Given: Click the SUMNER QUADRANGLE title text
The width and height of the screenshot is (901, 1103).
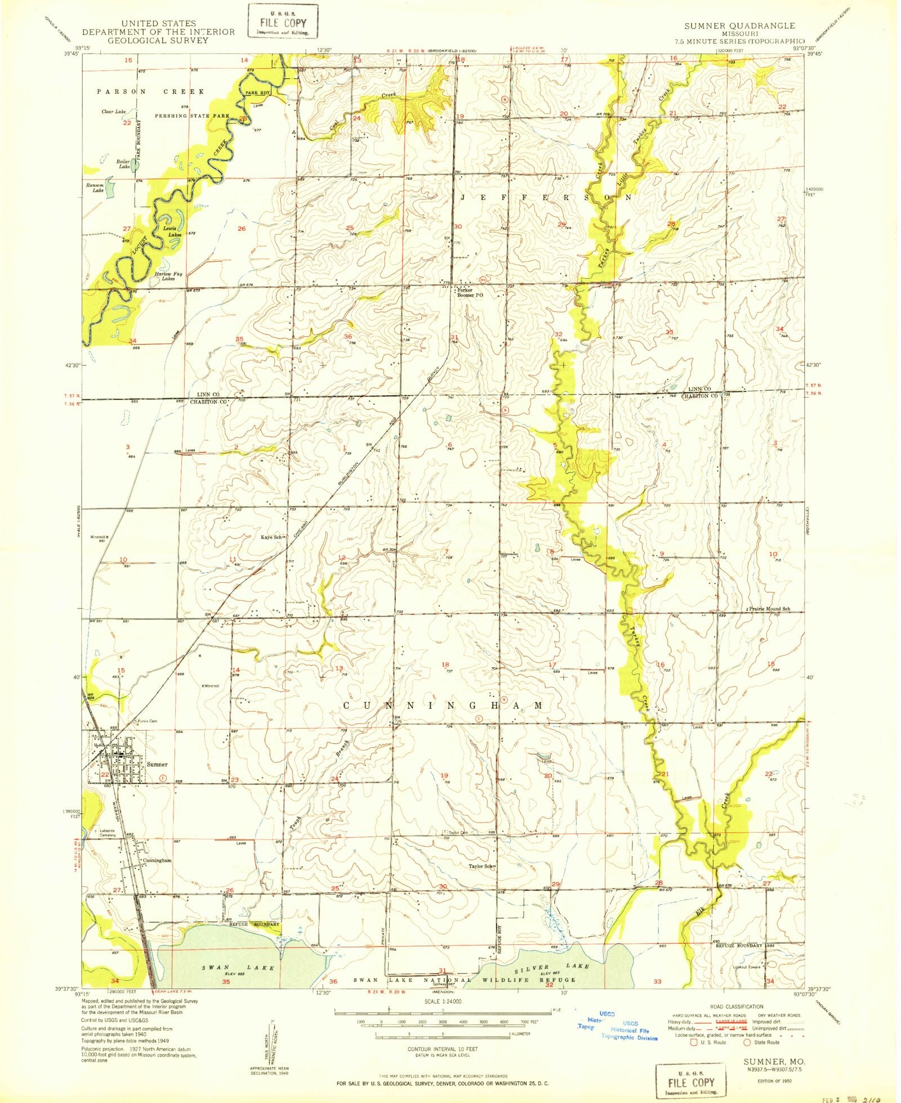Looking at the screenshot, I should coord(739,26).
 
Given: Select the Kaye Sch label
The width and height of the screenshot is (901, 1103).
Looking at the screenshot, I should coord(271,537).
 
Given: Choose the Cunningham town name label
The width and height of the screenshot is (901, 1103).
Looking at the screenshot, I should coord(157,860).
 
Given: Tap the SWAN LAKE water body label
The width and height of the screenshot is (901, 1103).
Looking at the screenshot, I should coord(239,968).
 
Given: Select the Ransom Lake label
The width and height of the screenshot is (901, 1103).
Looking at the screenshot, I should coord(95,187).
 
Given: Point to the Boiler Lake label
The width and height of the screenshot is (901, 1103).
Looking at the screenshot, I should coord(123,164).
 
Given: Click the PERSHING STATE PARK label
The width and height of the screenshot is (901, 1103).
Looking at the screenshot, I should coord(193,116).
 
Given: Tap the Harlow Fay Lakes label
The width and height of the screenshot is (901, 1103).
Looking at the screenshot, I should coord(168,276).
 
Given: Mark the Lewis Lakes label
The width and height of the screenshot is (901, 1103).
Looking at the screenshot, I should coord(170,231).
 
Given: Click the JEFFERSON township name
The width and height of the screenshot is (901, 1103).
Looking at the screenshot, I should coord(546,198).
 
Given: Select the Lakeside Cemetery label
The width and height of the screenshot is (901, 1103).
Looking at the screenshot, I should coord(108,833).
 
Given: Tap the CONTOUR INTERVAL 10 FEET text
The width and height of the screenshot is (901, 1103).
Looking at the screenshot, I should coord(442,1049).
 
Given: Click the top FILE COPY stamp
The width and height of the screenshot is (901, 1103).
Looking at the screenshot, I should coord(283,23).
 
